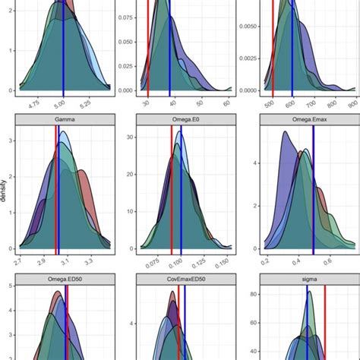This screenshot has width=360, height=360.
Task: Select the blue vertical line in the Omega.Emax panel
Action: point(313,190)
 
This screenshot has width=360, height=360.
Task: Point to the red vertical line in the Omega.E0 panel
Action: point(172,190)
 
